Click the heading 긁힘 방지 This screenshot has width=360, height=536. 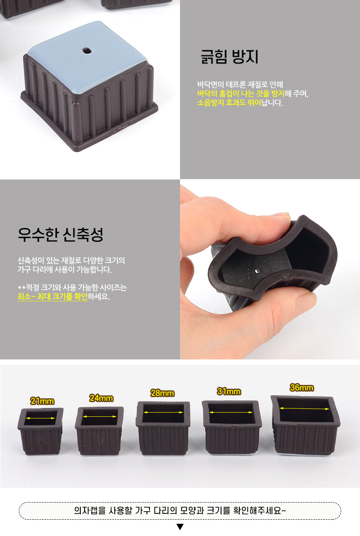229,57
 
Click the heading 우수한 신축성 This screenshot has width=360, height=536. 60,234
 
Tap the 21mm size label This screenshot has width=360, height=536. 42,401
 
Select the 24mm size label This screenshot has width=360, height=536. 101,398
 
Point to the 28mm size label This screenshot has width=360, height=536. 162,393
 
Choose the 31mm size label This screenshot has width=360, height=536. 229,392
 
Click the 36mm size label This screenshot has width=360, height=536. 301,387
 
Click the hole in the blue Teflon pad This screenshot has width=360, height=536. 87,51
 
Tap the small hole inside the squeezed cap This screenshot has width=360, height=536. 257,271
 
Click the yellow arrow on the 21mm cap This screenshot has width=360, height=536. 41,418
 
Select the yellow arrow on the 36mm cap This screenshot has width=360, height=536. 304,409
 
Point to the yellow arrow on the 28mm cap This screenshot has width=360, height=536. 163,412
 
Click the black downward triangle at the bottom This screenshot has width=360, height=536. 180,527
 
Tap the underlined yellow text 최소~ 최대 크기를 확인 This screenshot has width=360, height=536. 52,297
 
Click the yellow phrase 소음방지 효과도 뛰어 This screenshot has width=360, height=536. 229,103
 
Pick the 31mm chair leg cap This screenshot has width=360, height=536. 232,427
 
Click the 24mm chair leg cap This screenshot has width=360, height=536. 99,431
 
